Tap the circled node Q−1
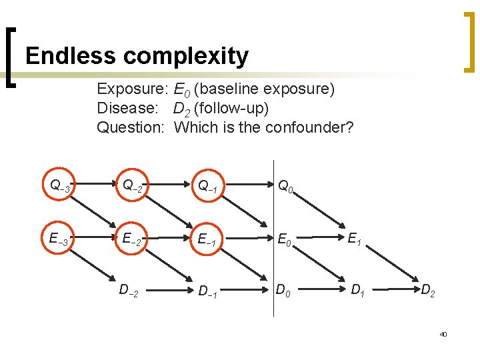coord(209,187)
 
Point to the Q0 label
coord(285,185)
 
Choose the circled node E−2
coord(131,239)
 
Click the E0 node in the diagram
coord(285,239)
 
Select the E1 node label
coord(355,238)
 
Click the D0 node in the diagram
coord(283,289)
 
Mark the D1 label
coord(358,289)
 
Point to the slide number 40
coord(443,333)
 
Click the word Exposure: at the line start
coord(131,89)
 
